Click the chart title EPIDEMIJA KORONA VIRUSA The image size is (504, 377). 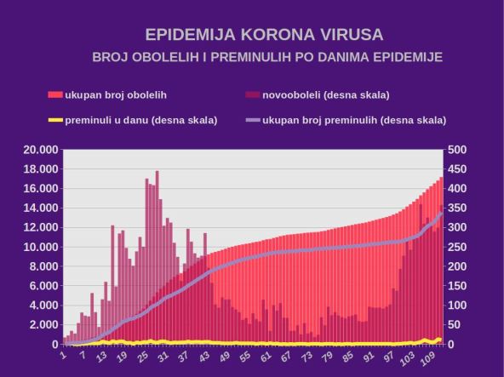(264, 36)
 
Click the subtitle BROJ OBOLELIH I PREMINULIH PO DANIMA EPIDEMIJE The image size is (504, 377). (267, 57)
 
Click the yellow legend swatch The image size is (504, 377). (55, 120)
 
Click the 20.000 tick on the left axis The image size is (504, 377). (39, 150)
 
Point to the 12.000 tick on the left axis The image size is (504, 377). (39, 227)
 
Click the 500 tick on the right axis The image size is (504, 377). (459, 150)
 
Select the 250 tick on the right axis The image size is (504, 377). (459, 247)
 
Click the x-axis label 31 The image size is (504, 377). (163, 355)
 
